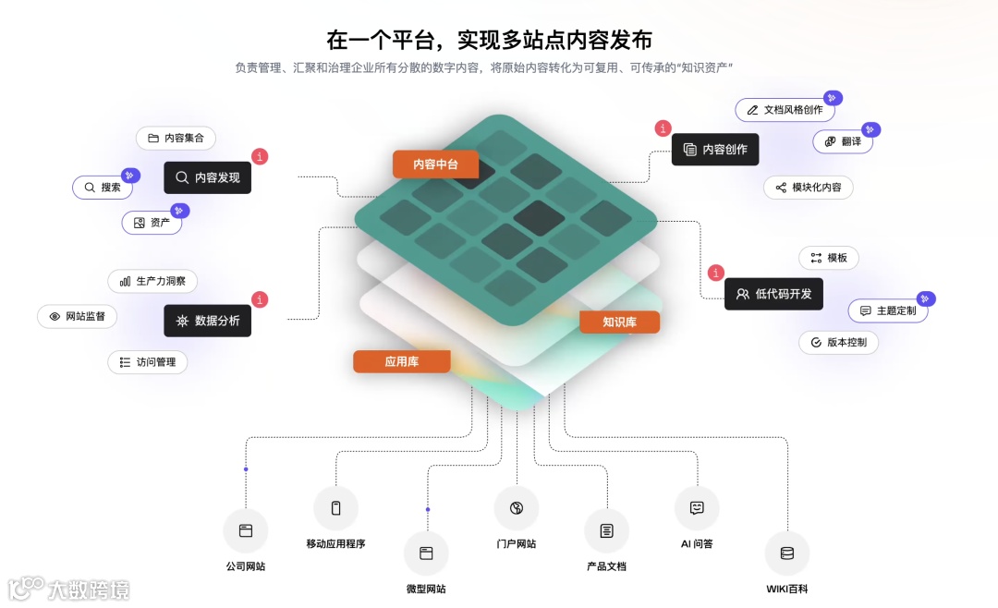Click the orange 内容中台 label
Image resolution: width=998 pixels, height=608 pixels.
click(x=435, y=164)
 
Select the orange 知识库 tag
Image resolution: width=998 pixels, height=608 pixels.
click(x=619, y=322)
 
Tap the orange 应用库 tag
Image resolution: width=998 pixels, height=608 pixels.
click(x=401, y=361)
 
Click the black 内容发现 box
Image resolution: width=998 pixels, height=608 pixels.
click(x=208, y=177)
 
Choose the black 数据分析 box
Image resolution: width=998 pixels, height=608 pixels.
click(x=208, y=321)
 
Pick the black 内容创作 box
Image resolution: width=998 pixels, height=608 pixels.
click(x=715, y=150)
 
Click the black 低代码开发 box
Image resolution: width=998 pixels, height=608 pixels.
click(x=773, y=294)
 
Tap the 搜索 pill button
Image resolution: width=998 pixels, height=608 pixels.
click(x=103, y=188)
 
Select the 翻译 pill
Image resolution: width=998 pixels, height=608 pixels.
click(x=843, y=141)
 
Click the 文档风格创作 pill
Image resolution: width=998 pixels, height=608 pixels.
click(x=785, y=110)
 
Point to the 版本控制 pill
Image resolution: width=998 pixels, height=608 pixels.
click(x=838, y=342)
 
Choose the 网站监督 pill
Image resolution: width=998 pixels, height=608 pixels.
click(x=77, y=316)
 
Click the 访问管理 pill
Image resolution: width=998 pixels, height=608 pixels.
click(x=148, y=362)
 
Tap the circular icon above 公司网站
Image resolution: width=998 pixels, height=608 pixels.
click(x=246, y=531)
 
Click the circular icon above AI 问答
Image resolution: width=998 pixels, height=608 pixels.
click(x=697, y=508)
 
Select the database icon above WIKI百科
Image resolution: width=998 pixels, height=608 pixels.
click(x=787, y=553)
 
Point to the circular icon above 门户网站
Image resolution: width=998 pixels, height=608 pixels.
click(x=517, y=508)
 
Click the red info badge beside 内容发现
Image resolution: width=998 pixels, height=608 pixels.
click(x=261, y=157)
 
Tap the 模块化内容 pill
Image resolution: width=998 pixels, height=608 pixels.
click(x=809, y=188)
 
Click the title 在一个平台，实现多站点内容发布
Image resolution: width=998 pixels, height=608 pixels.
click(x=490, y=40)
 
